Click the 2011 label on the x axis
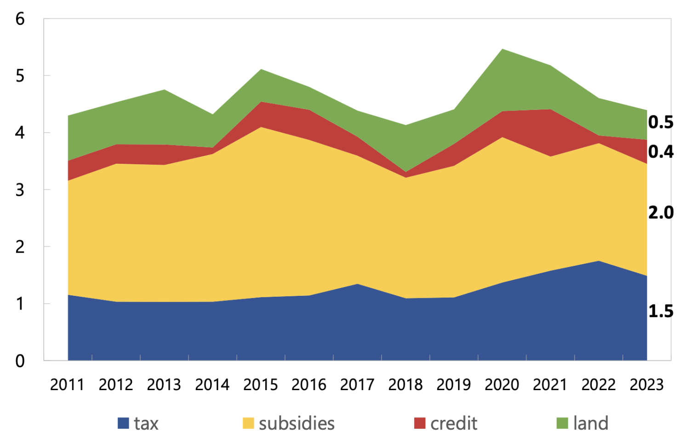(x=67, y=385)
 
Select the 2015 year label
(x=260, y=385)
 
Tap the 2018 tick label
(x=405, y=385)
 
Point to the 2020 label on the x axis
(x=502, y=385)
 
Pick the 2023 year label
(x=646, y=385)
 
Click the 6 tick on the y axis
(x=20, y=19)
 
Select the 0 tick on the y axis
(x=20, y=361)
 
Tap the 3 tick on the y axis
(x=20, y=190)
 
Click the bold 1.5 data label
(x=661, y=311)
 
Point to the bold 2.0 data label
(x=661, y=213)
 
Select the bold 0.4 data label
(x=661, y=151)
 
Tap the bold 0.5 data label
(x=661, y=122)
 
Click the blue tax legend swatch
(x=123, y=423)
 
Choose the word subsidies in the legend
(x=297, y=423)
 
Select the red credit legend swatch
(x=419, y=423)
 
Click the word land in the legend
(x=591, y=423)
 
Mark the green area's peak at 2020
(x=503, y=49)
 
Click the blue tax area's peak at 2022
(x=598, y=261)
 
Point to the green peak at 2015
(x=260, y=69)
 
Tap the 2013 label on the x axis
(x=164, y=385)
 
